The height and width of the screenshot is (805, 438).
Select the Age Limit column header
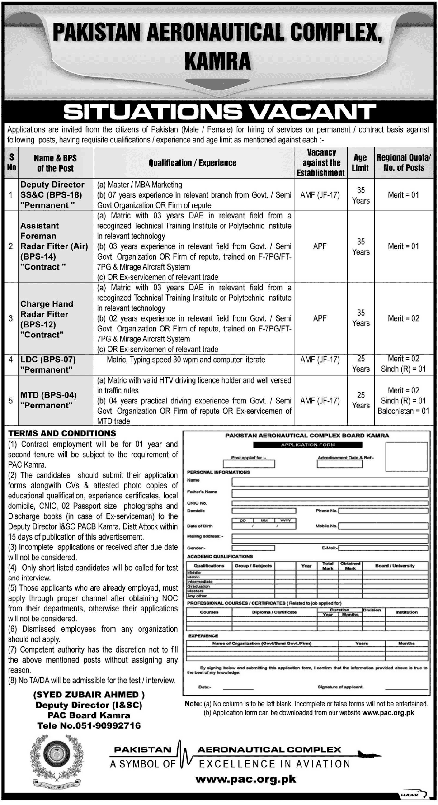pyautogui.click(x=360, y=163)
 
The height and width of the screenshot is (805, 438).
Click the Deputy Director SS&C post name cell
pyautogui.click(x=52, y=195)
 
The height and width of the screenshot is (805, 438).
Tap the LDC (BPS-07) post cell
pyautogui.click(x=48, y=365)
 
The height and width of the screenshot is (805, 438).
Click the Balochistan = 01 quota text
pyautogui.click(x=403, y=411)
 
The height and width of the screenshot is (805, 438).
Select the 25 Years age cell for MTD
pyautogui.click(x=361, y=400)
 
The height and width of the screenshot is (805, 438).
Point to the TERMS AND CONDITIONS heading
pyautogui.click(x=62, y=433)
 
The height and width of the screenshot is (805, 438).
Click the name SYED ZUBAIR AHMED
pyautogui.click(x=89, y=695)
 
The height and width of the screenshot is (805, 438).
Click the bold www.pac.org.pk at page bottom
pyautogui.click(x=246, y=779)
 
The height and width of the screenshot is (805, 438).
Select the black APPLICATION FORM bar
pyautogui.click(x=308, y=445)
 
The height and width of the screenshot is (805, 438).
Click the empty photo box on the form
pyautogui.click(x=406, y=456)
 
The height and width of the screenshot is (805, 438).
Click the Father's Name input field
pyautogui.click(x=330, y=493)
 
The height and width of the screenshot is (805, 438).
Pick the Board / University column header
pyautogui.click(x=395, y=566)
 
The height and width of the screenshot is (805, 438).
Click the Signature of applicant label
pyautogui.click(x=340, y=687)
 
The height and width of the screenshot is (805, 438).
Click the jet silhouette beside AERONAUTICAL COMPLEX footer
pyautogui.click(x=367, y=754)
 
